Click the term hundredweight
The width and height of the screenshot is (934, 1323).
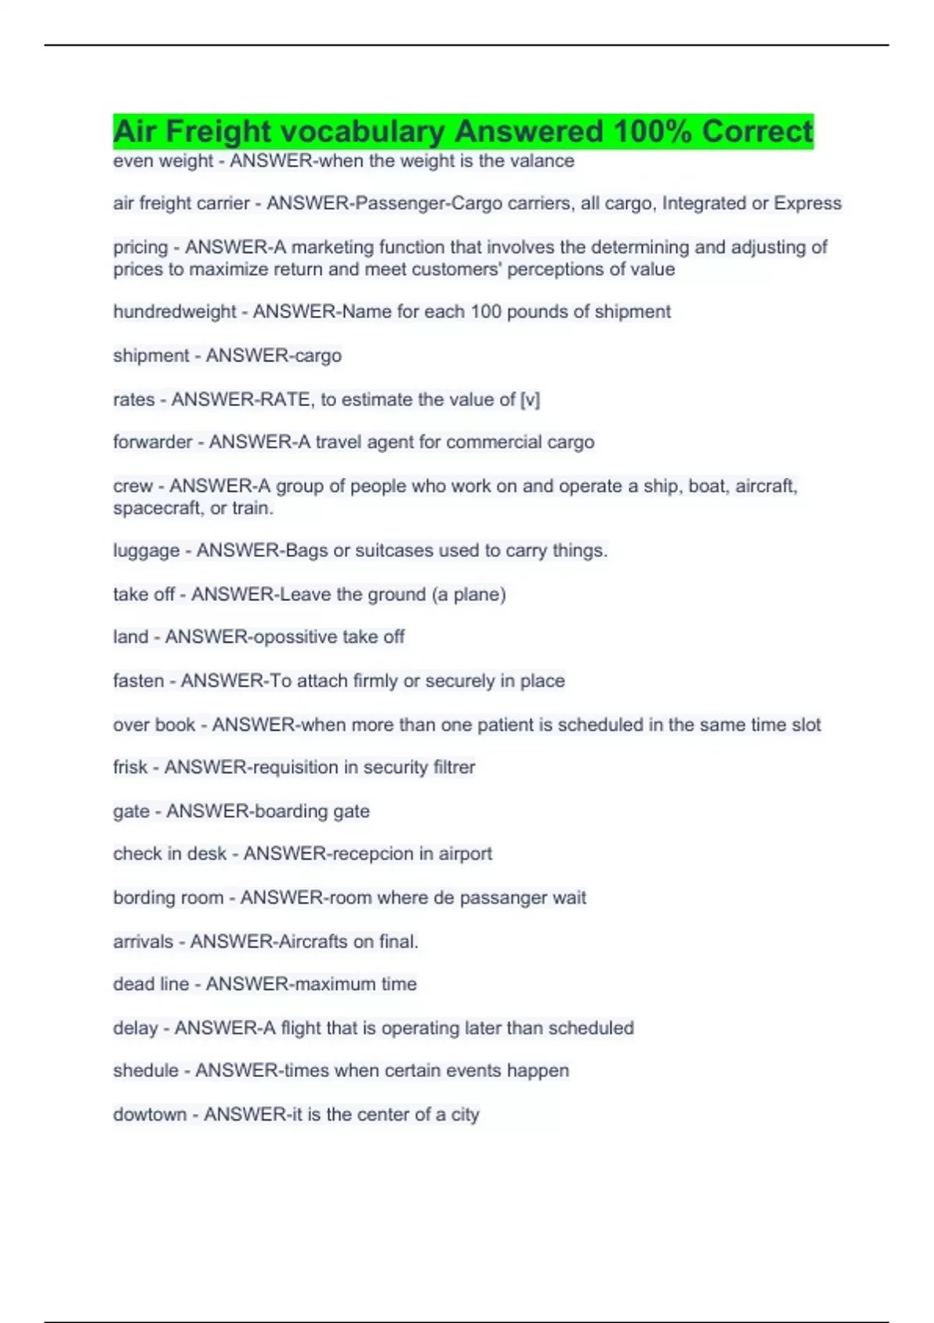[174, 312]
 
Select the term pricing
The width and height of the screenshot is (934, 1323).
[140, 247]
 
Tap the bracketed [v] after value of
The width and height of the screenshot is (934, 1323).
[530, 400]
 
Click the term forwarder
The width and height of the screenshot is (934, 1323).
[152, 442]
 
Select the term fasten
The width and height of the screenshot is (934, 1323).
[139, 681]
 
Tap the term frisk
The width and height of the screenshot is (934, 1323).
[130, 767]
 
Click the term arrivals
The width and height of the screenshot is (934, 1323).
[143, 942]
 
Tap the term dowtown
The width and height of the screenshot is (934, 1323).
[150, 1114]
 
